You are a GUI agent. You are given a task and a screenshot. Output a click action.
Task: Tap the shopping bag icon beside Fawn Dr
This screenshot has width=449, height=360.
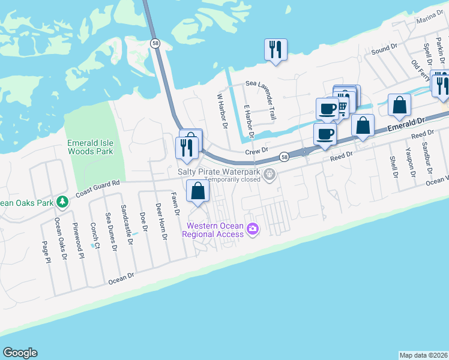coord(197,191)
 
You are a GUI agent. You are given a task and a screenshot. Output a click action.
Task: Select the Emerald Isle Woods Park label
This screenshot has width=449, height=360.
coord(91,147)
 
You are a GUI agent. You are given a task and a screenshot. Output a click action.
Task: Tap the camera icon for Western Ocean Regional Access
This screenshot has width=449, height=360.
coord(253,229)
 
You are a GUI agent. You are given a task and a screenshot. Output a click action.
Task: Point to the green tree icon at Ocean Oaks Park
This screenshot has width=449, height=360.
coord(61,201)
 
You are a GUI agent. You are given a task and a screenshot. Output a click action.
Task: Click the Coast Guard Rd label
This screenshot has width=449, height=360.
coord(98,190)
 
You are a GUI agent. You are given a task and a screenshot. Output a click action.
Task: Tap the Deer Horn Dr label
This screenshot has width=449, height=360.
coord(160,221)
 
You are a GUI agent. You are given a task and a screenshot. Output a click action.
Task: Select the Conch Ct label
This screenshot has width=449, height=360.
coord(95,236)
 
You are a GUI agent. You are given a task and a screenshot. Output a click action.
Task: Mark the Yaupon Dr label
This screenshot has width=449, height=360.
coord(411,162)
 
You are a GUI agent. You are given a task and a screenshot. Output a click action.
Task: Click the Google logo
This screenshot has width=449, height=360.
coord(20,353)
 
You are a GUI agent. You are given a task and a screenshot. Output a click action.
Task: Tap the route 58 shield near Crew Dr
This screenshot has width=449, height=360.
coord(283,157)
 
